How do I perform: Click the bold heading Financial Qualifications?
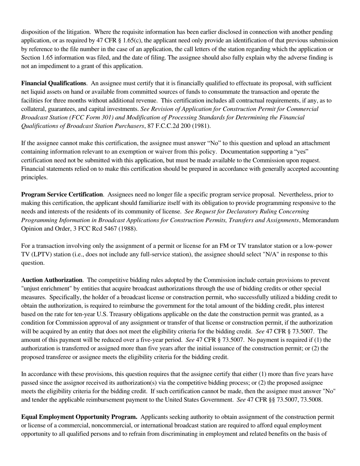click(x=53, y=83)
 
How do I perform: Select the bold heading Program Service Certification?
click(x=62, y=194)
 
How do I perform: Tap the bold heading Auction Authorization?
click(x=52, y=280)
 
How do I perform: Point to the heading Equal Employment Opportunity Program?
click(x=79, y=417)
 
